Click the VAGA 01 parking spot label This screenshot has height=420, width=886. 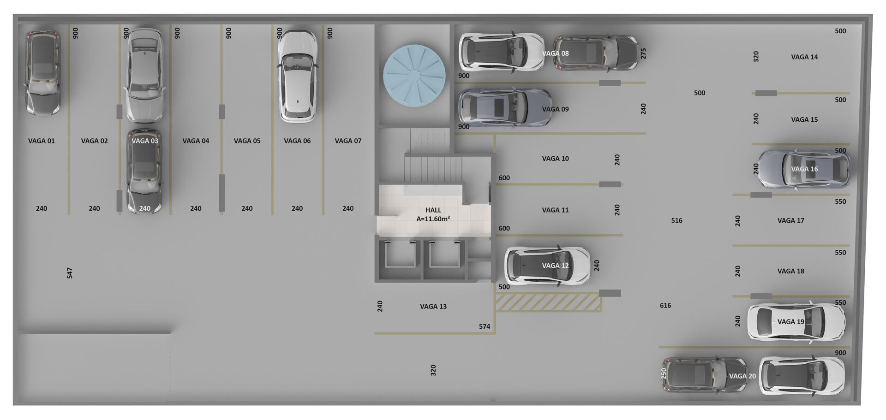42,141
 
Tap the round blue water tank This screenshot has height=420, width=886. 414,75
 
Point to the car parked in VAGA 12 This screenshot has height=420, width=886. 547,266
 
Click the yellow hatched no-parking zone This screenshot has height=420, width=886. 548,302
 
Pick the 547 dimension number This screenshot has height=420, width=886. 70,273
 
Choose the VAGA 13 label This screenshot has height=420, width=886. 433,306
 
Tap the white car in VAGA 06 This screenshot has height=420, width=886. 298,76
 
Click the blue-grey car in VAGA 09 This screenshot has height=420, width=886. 505,107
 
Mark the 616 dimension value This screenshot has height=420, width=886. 665,305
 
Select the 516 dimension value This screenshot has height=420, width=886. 676,220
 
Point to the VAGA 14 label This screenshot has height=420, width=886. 804,57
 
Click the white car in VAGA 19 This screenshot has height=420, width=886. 796,322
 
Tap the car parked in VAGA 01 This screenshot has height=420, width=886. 42,72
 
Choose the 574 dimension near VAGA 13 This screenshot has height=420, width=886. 485,326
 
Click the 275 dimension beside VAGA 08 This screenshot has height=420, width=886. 643,53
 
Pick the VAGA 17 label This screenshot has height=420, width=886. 790,220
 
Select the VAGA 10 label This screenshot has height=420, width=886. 555,158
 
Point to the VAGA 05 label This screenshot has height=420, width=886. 247,141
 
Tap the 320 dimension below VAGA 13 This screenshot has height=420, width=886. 433,370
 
